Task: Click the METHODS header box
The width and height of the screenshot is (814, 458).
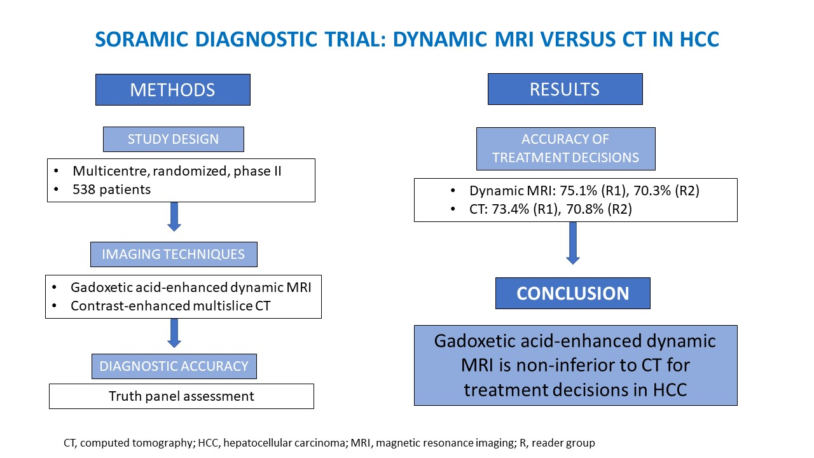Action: [172, 90]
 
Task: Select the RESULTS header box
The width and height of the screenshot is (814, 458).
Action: [565, 89]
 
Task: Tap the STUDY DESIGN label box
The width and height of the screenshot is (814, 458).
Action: [173, 139]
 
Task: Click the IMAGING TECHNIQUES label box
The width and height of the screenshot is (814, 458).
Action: [174, 254]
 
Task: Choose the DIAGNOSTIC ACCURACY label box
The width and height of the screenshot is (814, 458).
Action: [174, 366]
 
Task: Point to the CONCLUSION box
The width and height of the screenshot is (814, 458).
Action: [572, 293]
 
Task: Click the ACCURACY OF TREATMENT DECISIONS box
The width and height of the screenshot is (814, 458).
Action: [565, 148]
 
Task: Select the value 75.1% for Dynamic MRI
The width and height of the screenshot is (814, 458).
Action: [575, 191]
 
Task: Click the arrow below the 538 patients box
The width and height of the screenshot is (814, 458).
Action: [174, 217]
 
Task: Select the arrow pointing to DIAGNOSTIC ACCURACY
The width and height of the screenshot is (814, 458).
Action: [174, 331]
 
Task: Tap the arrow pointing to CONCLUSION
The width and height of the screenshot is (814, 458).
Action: [572, 243]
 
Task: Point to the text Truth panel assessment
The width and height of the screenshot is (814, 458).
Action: [181, 396]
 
